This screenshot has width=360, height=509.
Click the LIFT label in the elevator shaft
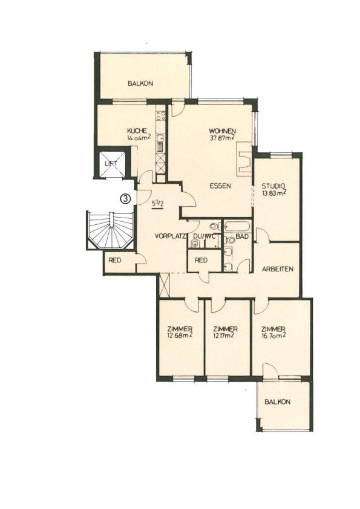tap(111, 164)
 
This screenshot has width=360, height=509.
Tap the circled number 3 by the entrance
tap(125, 198)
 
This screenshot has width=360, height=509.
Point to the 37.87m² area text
tap(222, 138)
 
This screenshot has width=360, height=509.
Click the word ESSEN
tap(220, 186)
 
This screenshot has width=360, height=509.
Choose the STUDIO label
tap(273, 186)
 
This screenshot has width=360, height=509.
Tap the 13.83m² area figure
tap(274, 193)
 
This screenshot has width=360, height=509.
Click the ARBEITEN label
tap(278, 269)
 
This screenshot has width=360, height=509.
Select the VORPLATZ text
tap(170, 236)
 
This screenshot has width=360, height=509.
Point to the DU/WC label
tap(205, 236)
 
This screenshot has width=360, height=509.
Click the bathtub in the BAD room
tap(237, 225)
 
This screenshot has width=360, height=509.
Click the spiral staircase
tap(111, 230)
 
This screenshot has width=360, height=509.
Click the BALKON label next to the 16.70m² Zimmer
tap(277, 402)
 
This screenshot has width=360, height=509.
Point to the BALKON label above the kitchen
tap(140, 83)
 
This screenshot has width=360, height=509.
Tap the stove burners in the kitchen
tap(161, 116)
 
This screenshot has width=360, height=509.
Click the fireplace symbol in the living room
tap(244, 163)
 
